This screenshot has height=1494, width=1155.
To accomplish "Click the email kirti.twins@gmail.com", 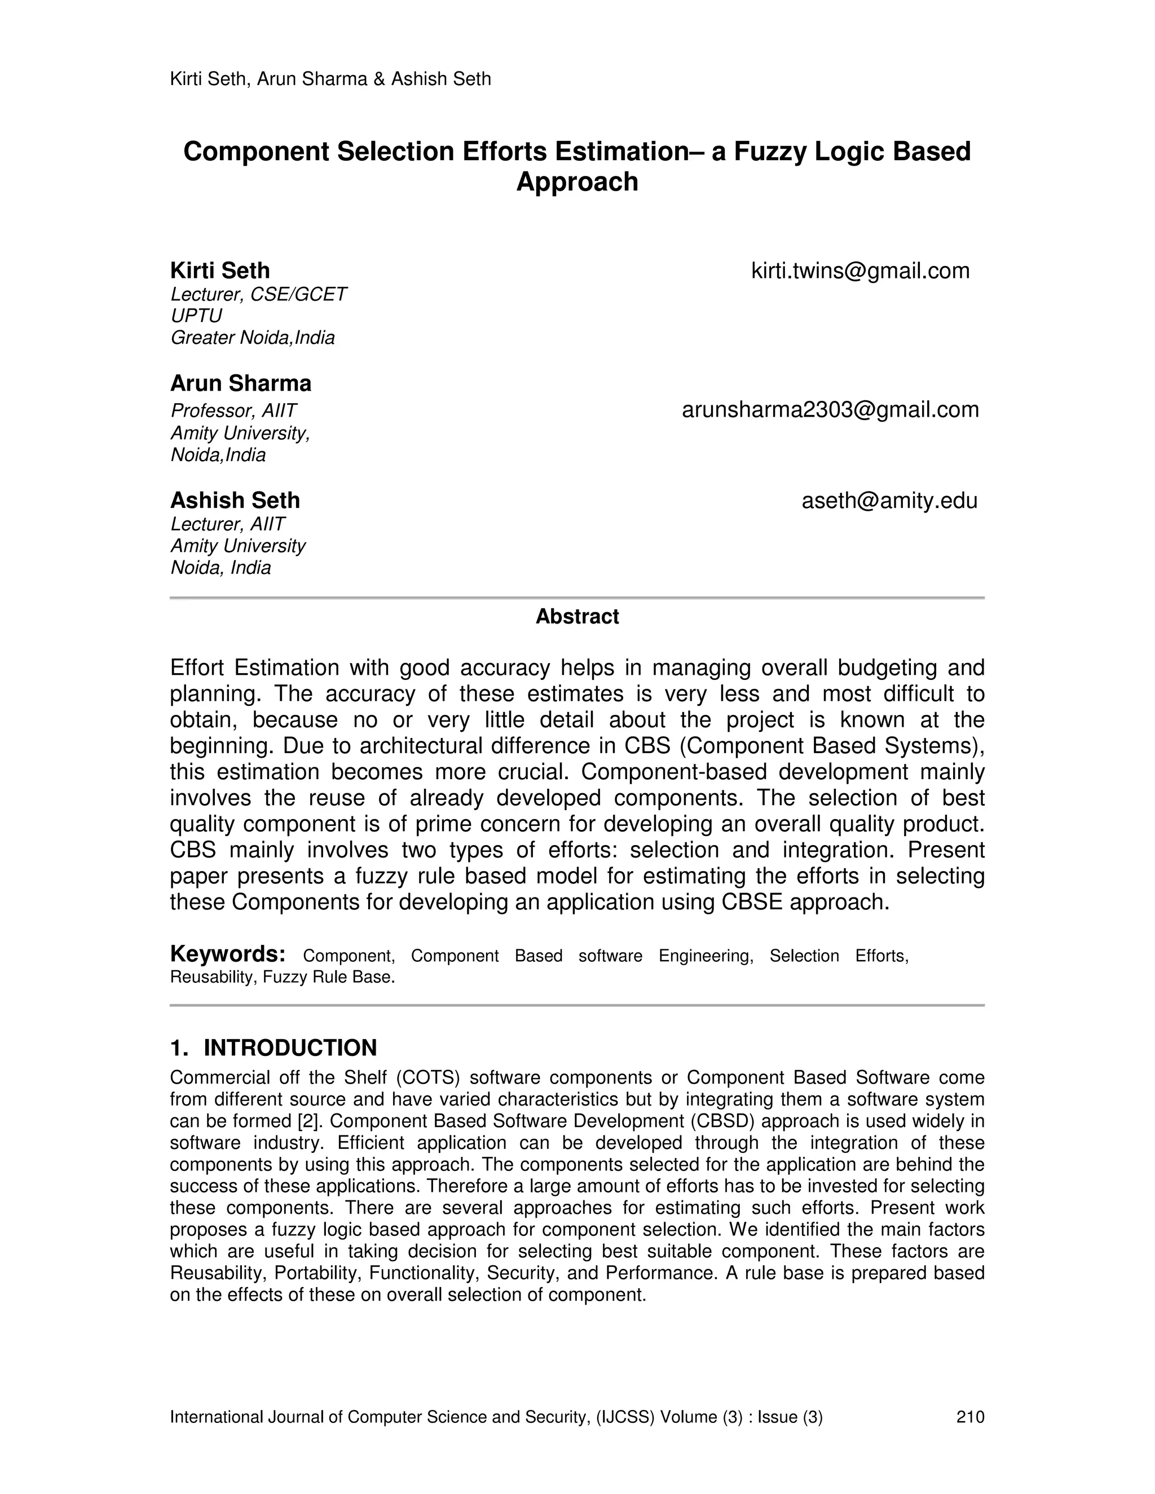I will coord(860,271).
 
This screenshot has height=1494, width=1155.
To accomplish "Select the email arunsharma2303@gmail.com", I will coord(830,410).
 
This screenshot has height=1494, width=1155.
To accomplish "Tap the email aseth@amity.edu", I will coord(889,501).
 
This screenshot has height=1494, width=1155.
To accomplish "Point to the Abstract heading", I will coord(577,616).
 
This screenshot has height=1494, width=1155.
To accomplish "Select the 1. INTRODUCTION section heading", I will coord(273,1047).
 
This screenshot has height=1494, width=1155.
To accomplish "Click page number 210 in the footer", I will coord(969,1417).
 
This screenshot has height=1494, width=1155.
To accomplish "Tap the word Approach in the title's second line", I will coord(577,182).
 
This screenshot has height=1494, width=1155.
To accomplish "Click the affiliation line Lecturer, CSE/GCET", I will coord(258,294).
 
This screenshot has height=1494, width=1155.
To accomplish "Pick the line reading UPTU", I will coord(196,316).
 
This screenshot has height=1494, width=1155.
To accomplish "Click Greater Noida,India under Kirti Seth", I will coord(252,338).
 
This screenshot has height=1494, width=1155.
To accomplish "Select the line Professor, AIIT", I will coord(233,410).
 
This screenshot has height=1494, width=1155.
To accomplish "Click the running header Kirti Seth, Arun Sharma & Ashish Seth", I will coord(330,79).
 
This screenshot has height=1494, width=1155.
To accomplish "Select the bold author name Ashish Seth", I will coord(235,501).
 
